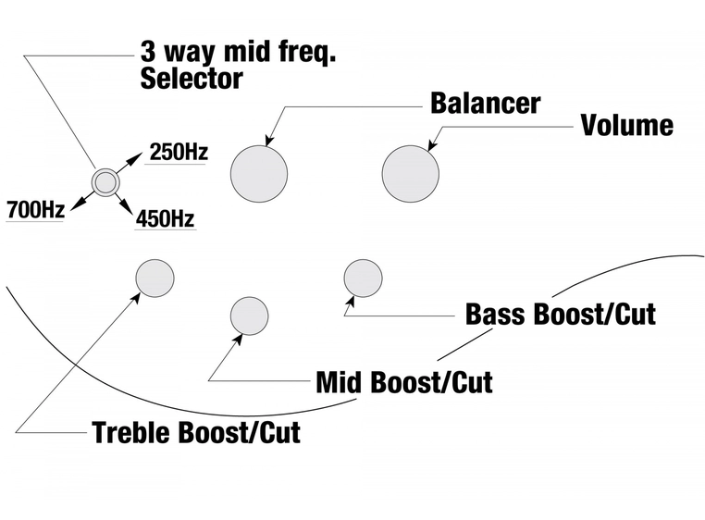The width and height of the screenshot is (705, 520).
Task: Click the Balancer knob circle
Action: [258, 173]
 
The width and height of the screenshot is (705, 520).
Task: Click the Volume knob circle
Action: [410, 173]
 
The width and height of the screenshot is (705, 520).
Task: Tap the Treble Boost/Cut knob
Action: [155, 278]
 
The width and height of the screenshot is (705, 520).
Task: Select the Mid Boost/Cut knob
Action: [249, 316]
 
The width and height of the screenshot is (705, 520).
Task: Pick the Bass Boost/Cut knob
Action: [363, 279]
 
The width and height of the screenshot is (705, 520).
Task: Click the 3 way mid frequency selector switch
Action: [105, 181]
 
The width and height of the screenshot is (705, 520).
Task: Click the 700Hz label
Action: [35, 210]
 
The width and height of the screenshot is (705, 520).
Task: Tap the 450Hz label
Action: [165, 219]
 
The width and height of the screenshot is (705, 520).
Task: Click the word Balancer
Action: [485, 103]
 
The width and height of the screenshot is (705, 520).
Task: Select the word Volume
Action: [626, 125]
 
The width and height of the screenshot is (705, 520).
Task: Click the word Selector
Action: [191, 79]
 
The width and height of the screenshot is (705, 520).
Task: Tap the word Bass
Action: [498, 314]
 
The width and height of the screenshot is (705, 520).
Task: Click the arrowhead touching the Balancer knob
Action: [269, 142]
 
